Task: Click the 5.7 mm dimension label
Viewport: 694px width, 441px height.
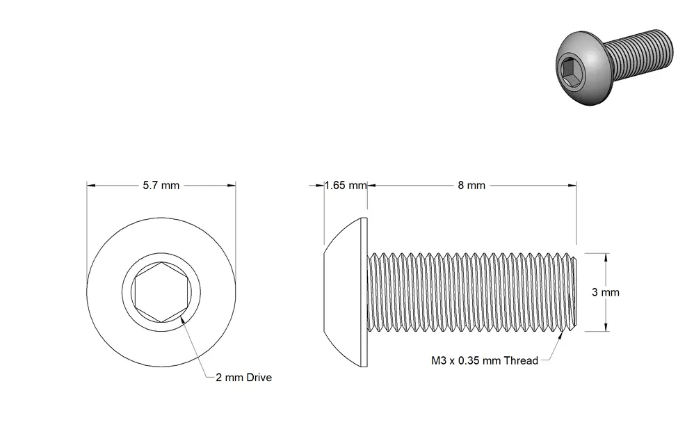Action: tap(161, 185)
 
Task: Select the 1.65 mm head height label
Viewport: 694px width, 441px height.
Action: tap(346, 185)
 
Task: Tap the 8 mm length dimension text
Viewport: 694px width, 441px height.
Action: tap(471, 185)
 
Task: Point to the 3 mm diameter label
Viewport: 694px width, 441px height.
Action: tap(606, 292)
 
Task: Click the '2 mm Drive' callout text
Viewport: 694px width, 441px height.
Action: tap(244, 377)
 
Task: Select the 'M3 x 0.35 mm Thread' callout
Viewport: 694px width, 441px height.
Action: tap(485, 360)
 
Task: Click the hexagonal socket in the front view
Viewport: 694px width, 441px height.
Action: tap(161, 292)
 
